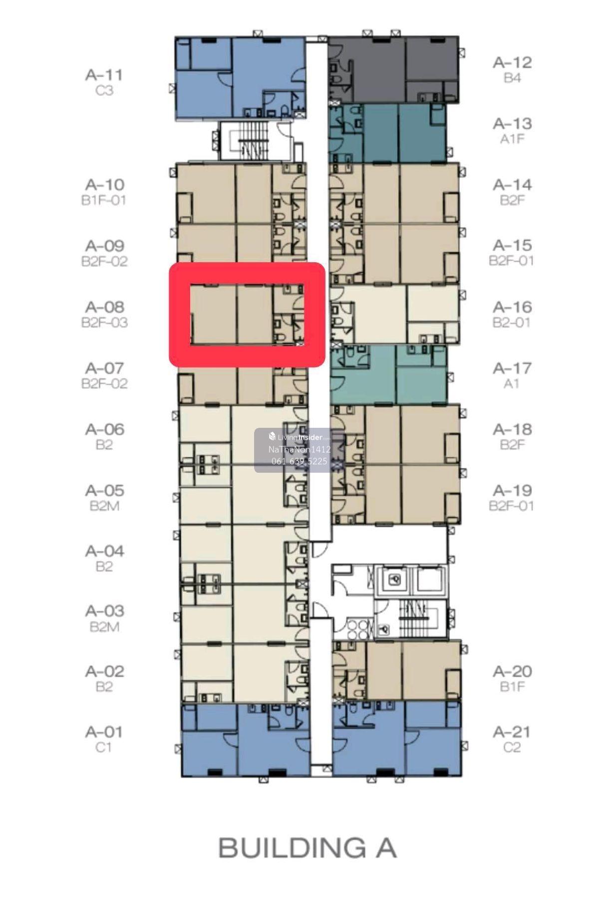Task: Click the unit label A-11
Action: [x=104, y=75]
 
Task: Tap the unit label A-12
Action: [x=512, y=62]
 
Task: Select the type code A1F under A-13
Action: [x=512, y=139]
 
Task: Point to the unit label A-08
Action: [x=104, y=307]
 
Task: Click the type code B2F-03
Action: [x=104, y=322]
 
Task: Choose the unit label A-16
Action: [x=512, y=307]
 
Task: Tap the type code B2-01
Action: [x=511, y=322]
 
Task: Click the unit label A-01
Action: [x=104, y=732]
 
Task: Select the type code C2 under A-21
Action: [x=512, y=747]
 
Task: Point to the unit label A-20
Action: [x=512, y=671]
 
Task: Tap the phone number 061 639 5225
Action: [x=299, y=461]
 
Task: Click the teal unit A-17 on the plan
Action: [x=388, y=374]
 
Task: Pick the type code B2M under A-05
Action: [x=104, y=506]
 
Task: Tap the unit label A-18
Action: [x=512, y=429]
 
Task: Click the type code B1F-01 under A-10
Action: [x=104, y=200]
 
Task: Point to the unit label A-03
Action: [x=104, y=611]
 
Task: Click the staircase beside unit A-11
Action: [x=249, y=141]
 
